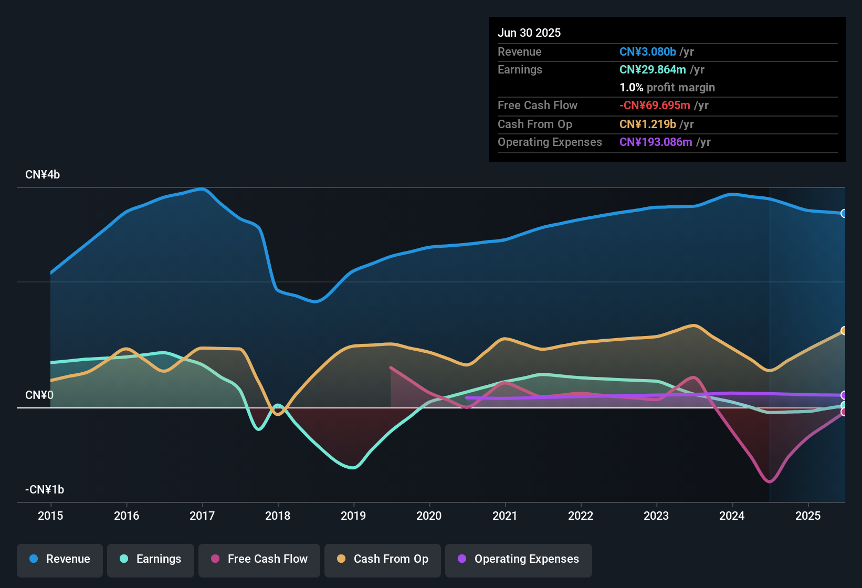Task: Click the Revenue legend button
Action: (x=60, y=559)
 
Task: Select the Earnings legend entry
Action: (x=151, y=559)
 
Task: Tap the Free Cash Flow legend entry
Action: (x=259, y=559)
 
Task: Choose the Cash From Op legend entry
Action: (x=383, y=559)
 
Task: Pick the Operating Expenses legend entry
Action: (x=519, y=559)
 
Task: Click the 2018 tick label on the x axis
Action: (x=278, y=516)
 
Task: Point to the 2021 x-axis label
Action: (x=505, y=516)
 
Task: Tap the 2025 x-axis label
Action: (x=808, y=516)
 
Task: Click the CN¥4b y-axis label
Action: (x=43, y=175)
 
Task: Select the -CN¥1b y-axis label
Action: (x=45, y=490)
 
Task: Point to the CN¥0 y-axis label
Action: (x=39, y=395)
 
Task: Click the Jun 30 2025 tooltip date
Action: (x=529, y=33)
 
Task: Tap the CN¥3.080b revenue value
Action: (x=648, y=52)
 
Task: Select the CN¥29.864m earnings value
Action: (x=653, y=70)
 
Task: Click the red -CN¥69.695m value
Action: (x=655, y=106)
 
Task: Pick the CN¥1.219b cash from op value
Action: (x=648, y=124)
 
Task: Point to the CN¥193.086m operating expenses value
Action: (x=656, y=142)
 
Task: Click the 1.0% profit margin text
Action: (x=667, y=88)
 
